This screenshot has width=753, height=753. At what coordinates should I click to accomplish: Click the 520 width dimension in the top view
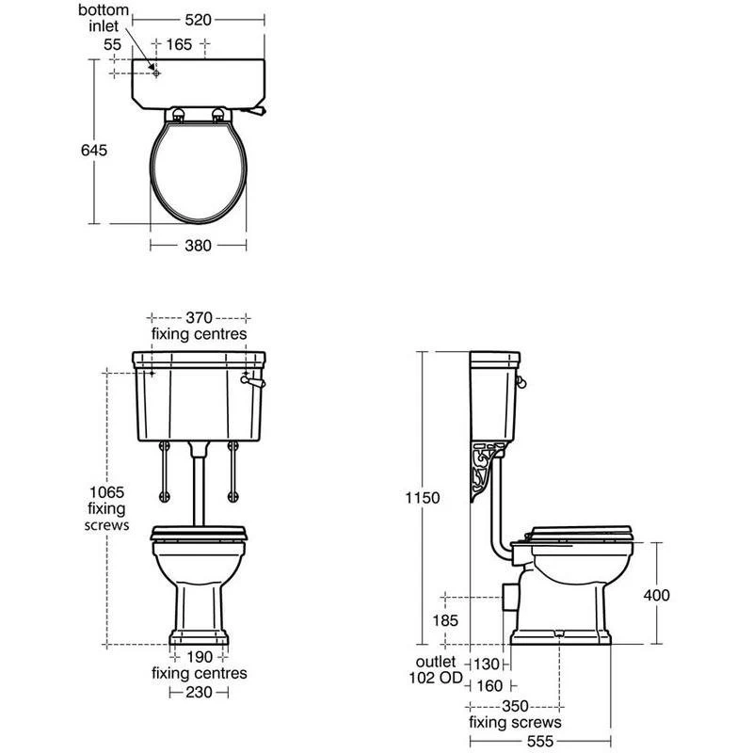pyautogui.click(x=198, y=20)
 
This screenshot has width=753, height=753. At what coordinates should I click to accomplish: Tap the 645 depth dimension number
pyautogui.click(x=94, y=151)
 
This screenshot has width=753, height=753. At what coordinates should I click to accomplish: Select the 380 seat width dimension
pyautogui.click(x=198, y=246)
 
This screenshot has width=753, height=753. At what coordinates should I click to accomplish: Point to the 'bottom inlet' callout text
pyautogui.click(x=104, y=18)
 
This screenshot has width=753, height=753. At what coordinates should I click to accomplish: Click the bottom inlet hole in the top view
pyautogui.click(x=156, y=73)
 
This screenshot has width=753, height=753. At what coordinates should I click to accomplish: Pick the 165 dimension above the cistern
pyautogui.click(x=179, y=44)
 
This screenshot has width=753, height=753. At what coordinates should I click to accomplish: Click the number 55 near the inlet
pyautogui.click(x=112, y=44)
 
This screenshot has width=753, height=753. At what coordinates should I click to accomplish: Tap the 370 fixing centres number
pyautogui.click(x=199, y=317)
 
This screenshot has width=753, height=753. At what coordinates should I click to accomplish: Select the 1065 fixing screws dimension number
pyautogui.click(x=106, y=492)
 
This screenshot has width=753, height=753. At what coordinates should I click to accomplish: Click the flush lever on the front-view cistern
pyautogui.click(x=252, y=381)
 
